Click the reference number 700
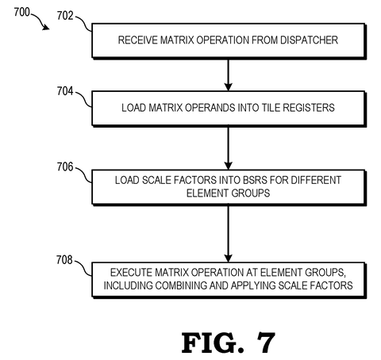(22, 12)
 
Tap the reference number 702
(65, 16)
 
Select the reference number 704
(65, 91)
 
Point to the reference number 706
(65, 167)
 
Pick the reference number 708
(64, 260)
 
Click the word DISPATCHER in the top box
(309, 40)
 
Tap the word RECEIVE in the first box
(137, 40)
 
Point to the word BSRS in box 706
(255, 180)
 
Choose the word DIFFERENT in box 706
(316, 180)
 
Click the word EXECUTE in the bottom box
(131, 272)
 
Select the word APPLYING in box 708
(253, 285)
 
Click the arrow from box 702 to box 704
(228, 75)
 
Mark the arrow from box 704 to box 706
(228, 148)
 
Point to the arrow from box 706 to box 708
(228, 234)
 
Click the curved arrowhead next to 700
(46, 27)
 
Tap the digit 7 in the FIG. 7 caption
(266, 343)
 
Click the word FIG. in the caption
(213, 343)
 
